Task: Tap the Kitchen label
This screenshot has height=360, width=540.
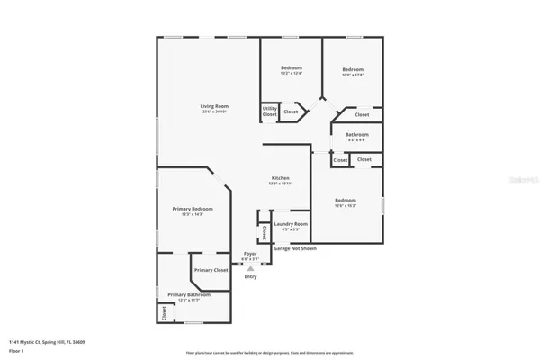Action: point(281,178)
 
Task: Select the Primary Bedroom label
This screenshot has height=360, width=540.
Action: point(193,209)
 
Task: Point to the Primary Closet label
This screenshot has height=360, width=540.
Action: point(210,270)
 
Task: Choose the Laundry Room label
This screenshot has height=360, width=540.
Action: point(291,223)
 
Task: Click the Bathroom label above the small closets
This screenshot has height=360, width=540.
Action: point(357,134)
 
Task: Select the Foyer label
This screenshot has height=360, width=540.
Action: point(251,256)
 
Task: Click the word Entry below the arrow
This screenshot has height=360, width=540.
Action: point(250,276)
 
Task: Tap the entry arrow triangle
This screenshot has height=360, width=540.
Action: point(250,268)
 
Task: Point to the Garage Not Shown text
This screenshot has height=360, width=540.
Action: point(295,248)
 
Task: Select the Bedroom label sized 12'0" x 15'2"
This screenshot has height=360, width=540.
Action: point(346,200)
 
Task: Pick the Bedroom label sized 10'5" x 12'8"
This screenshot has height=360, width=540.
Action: point(353,69)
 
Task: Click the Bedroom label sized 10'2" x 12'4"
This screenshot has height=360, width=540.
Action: point(291,68)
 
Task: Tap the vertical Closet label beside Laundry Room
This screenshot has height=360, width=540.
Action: point(264,232)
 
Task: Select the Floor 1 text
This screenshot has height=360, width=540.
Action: point(16,350)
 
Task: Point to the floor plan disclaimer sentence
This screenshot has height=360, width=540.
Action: point(269,352)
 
